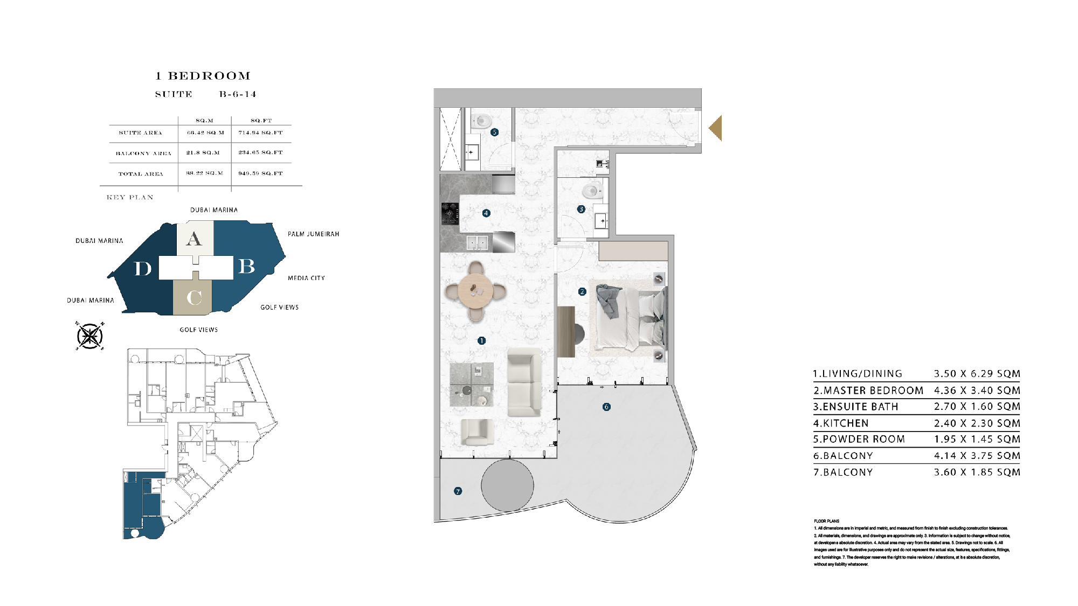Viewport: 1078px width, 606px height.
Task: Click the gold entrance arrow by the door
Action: pyautogui.click(x=716, y=128)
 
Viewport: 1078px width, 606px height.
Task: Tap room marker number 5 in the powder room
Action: pyautogui.click(x=494, y=132)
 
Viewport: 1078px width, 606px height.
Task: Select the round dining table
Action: pyautogui.click(x=475, y=291)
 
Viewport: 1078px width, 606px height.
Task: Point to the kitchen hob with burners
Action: pyautogui.click(x=450, y=213)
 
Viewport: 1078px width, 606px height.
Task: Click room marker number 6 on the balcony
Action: pyautogui.click(x=606, y=407)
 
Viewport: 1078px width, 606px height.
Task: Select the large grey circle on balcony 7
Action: pyautogui.click(x=507, y=485)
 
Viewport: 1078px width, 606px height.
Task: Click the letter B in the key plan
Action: pyautogui.click(x=246, y=266)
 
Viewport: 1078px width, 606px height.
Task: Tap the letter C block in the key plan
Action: pyautogui.click(x=194, y=297)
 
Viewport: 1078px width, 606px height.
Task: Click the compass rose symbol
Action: pyautogui.click(x=89, y=336)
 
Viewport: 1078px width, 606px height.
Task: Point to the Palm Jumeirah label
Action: pyautogui.click(x=313, y=234)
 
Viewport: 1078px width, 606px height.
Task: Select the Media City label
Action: pyautogui.click(x=306, y=278)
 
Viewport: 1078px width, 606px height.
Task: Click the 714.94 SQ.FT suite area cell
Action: pyautogui.click(x=260, y=133)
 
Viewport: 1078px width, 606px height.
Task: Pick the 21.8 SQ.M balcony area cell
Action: pyautogui.click(x=203, y=153)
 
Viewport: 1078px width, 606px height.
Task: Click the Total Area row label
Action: pyautogui.click(x=141, y=174)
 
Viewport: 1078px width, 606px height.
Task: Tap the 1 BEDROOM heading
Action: pyautogui.click(x=203, y=76)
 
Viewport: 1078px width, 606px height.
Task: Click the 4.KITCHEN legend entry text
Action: pyautogui.click(x=841, y=423)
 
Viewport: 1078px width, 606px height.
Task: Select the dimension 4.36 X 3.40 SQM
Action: pyautogui.click(x=977, y=391)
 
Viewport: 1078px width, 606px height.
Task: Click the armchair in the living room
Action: pyautogui.click(x=477, y=432)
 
